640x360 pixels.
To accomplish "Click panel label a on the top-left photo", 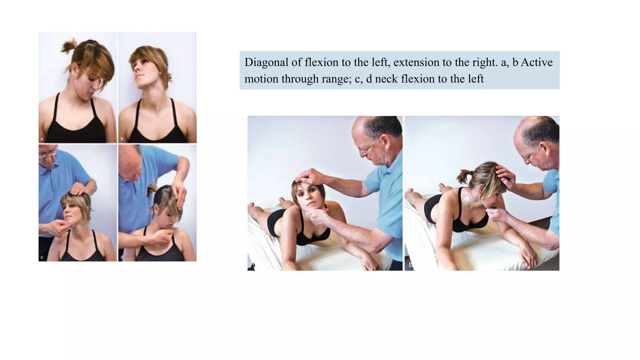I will (42, 138).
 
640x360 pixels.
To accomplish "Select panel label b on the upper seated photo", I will (122, 138).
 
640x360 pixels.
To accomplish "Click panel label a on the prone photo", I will (253, 265).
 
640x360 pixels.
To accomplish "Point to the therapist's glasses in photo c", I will (47, 155).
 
